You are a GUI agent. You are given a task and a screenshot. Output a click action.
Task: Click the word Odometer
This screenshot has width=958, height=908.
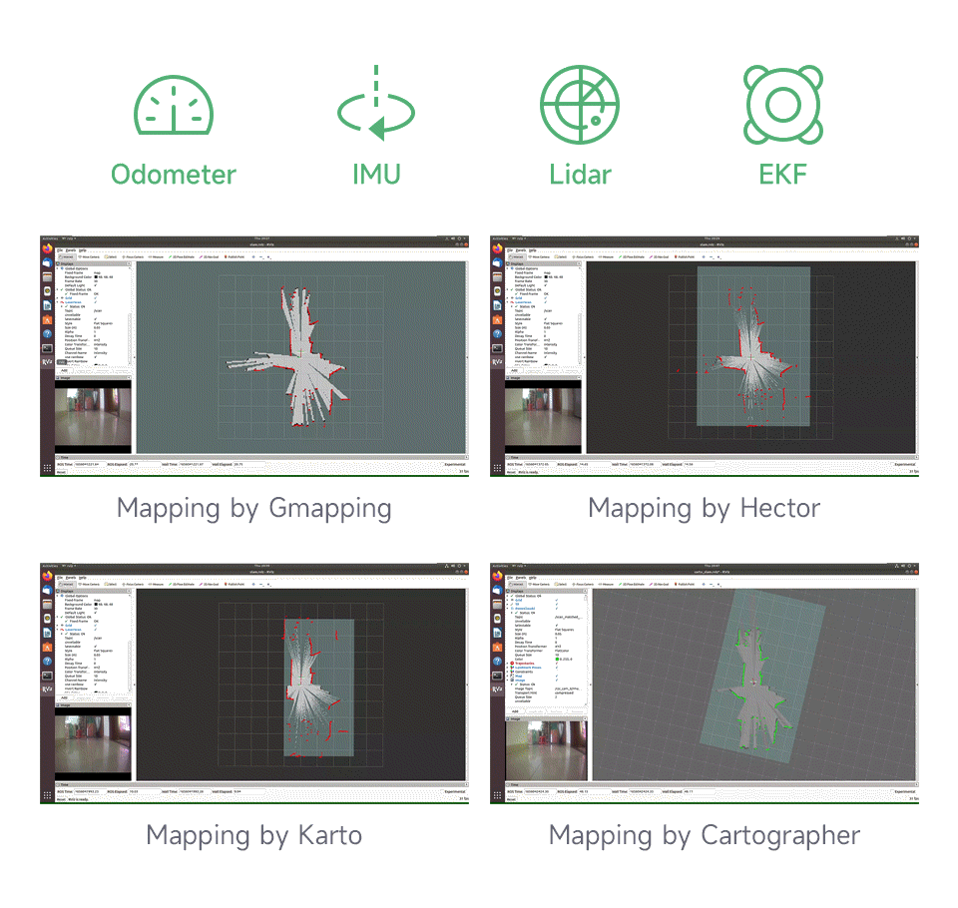click(174, 175)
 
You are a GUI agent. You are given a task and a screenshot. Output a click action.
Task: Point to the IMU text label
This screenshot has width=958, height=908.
click(376, 175)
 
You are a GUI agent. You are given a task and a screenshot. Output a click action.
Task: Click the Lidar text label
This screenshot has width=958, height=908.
click(580, 175)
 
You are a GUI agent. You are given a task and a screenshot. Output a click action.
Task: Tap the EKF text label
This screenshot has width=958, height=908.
click(783, 175)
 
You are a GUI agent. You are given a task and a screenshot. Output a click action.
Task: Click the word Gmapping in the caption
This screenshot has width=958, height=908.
click(329, 509)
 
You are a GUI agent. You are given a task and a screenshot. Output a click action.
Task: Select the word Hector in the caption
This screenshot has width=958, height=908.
click(779, 509)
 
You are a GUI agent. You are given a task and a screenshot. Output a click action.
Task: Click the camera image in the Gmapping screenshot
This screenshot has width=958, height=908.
click(93, 416)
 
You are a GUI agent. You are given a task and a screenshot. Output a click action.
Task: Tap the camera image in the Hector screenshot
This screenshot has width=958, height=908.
click(543, 416)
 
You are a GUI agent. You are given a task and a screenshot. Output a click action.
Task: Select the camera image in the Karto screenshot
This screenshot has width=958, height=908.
click(93, 742)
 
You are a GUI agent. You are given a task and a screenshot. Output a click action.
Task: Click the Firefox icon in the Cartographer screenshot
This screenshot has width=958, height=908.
click(497, 576)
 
